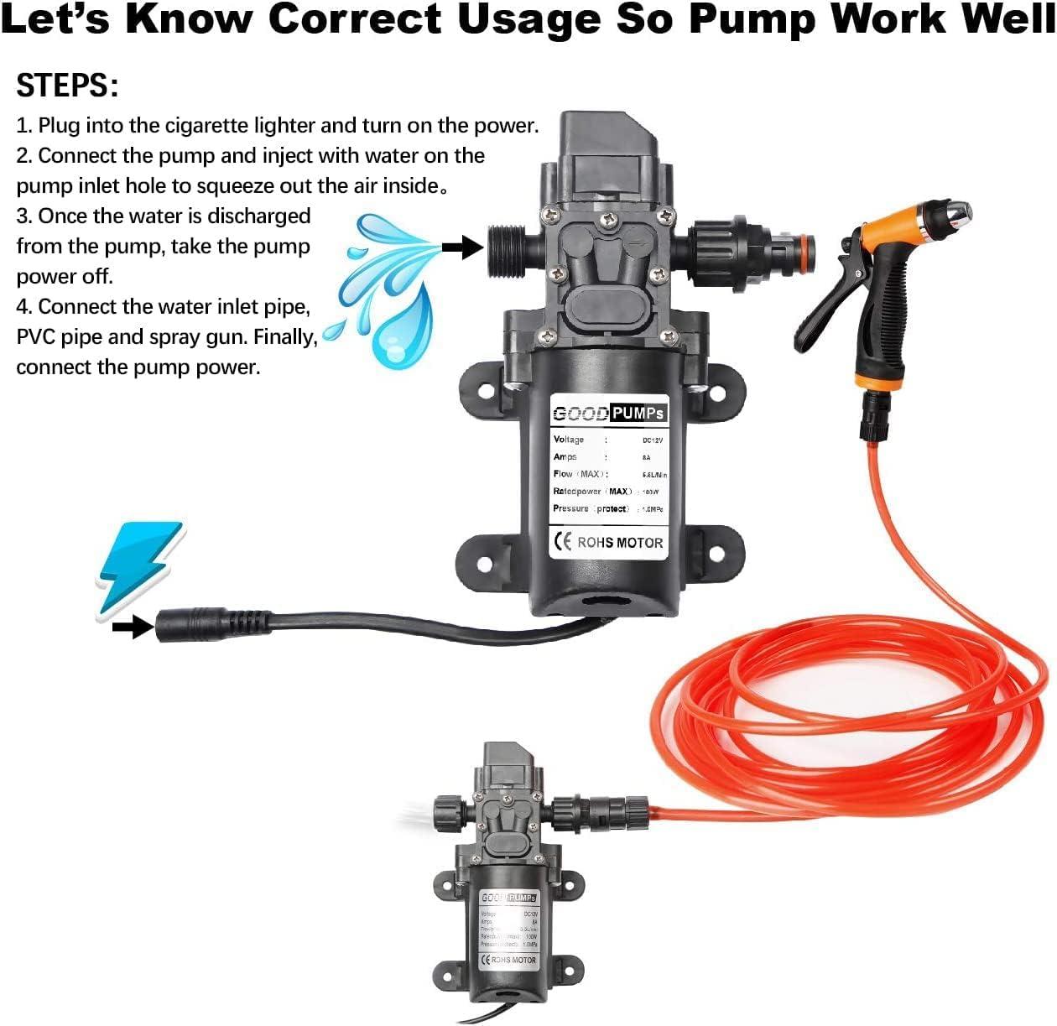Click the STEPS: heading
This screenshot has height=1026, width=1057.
(x=67, y=86)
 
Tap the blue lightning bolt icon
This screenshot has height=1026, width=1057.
(x=139, y=567)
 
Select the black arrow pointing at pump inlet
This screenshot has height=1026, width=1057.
(x=462, y=247)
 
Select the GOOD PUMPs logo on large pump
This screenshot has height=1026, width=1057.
(x=609, y=414)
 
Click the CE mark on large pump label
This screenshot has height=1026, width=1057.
(x=562, y=542)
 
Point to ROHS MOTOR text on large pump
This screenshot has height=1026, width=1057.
(x=620, y=543)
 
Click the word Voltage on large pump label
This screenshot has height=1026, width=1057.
(x=569, y=440)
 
